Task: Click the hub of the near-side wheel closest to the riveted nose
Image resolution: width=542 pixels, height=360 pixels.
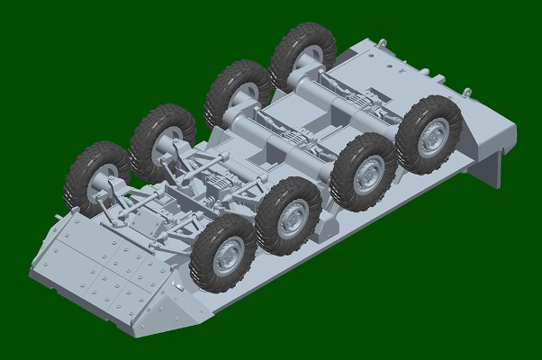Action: click(226, 255)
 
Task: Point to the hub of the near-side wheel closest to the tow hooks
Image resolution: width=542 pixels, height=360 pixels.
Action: click(432, 134)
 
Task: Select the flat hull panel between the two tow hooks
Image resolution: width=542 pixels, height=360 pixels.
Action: click(423, 72)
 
